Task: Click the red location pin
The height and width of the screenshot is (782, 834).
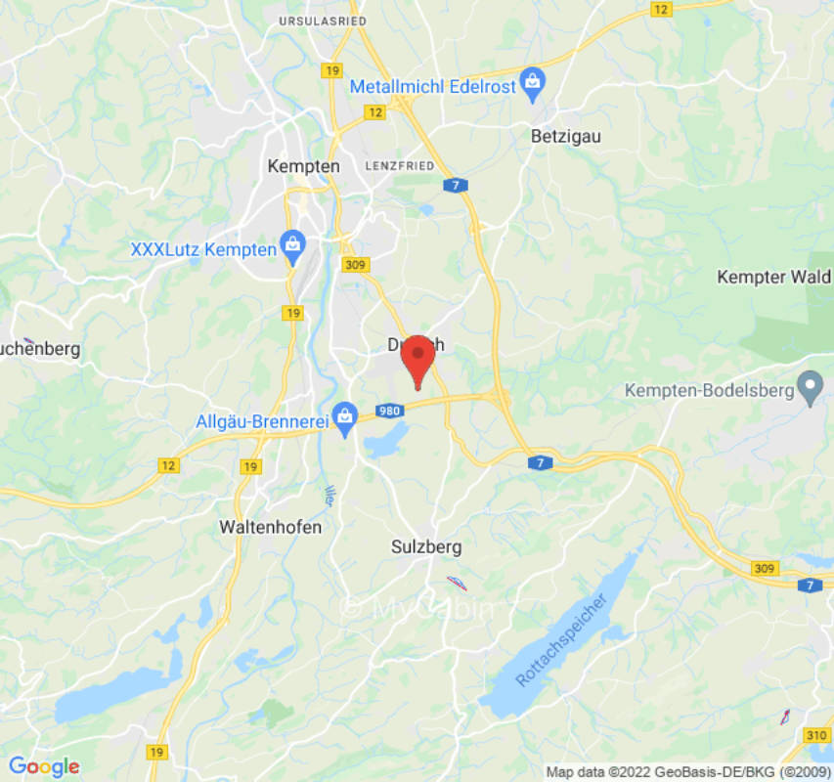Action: point(418,359)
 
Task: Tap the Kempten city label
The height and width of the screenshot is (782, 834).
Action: point(303,166)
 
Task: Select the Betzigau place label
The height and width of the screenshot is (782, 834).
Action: point(565,137)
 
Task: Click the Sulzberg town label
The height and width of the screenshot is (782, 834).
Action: point(425,546)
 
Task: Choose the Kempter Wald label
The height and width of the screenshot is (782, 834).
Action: point(773,277)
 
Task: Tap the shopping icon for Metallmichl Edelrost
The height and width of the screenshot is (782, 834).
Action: point(532,85)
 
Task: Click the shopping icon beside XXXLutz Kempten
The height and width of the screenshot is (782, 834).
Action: point(292,248)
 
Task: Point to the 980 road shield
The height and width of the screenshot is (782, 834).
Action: point(389,412)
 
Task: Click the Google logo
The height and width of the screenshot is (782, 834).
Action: point(44,767)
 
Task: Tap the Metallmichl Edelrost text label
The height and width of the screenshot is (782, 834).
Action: point(433,86)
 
